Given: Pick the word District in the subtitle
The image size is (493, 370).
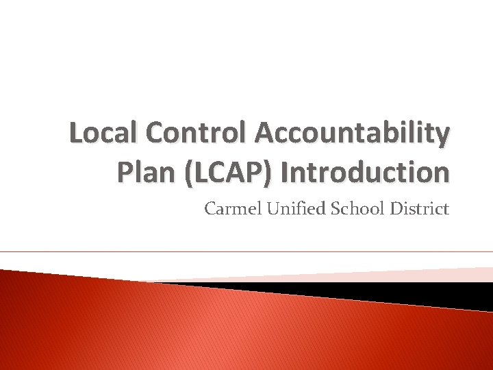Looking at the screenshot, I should click(x=419, y=208).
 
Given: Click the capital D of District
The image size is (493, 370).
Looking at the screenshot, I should click(x=396, y=208).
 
